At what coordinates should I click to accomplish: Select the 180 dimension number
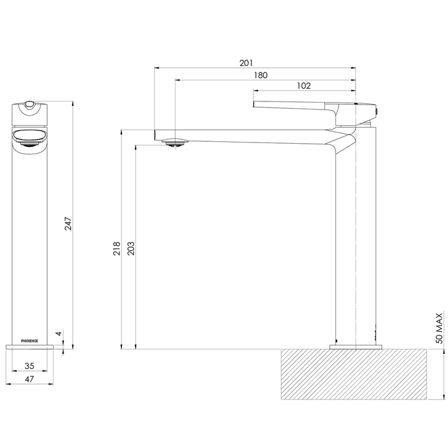261,75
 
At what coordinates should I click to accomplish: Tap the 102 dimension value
304,86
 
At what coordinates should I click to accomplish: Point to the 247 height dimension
69,223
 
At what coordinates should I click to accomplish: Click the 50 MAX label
439,330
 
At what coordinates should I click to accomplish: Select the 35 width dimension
29,366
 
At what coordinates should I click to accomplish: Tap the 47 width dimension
29,378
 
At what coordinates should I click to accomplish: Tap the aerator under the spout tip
175,142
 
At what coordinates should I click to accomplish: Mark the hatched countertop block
355,374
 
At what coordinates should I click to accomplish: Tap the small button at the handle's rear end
378,111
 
